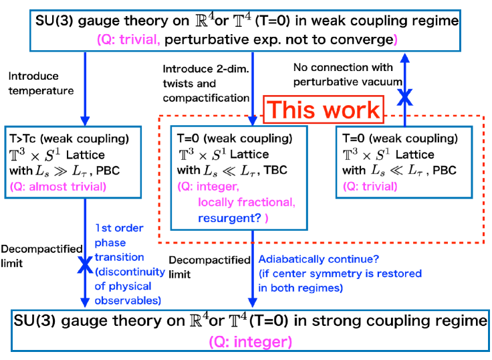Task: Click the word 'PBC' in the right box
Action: click(443, 171)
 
